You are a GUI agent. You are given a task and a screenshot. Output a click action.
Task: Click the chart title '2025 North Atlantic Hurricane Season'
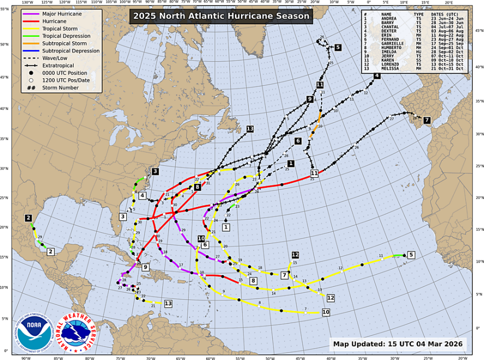(221, 16)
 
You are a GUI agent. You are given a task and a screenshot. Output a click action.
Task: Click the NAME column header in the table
(387, 14)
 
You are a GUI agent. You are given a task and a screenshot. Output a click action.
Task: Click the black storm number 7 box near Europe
(427, 120)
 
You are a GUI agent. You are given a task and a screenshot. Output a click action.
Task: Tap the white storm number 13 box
(168, 303)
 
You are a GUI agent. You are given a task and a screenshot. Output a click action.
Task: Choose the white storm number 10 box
(326, 312)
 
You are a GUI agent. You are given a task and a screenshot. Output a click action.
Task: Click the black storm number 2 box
(28, 218)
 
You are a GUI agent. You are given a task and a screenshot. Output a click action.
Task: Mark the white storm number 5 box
(411, 254)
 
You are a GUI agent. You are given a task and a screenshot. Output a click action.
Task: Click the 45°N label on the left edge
(6, 77)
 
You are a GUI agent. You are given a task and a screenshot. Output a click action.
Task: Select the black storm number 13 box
(250, 129)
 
